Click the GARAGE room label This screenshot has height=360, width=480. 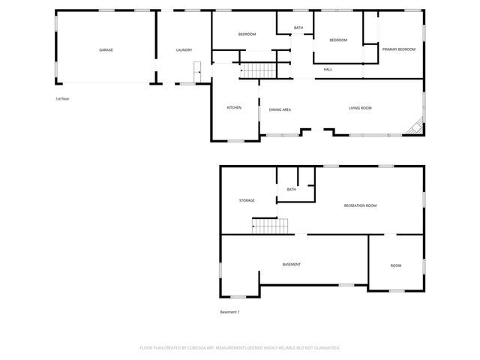click(106, 50)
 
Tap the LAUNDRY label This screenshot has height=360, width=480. click(184, 50)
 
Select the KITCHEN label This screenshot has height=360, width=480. click(234, 108)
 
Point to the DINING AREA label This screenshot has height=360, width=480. click(280, 109)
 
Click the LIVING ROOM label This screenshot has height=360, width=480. click(360, 109)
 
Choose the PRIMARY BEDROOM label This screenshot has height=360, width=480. click(398, 49)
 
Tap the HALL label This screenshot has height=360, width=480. click(328, 70)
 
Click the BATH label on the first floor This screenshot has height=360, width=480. click(298, 28)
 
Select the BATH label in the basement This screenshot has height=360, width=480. click(291, 190)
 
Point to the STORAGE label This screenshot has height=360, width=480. click(247, 200)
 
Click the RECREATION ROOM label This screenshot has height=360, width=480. click(360, 205)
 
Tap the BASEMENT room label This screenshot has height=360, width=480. click(292, 265)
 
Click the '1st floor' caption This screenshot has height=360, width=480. click(62, 99)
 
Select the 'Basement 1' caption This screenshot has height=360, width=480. click(229, 312)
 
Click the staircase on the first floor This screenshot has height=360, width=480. click(259, 70)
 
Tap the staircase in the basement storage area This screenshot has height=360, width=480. click(269, 226)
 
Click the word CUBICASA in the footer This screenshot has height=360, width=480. click(217, 348)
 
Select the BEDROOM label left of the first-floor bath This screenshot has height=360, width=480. click(247, 34)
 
